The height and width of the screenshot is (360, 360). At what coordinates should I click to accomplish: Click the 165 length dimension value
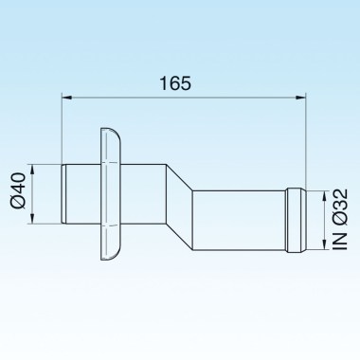tap(176, 82)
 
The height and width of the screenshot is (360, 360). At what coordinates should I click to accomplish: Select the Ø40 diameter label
tap(20, 194)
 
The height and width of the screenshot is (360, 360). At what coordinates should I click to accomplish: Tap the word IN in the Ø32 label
tap(338, 243)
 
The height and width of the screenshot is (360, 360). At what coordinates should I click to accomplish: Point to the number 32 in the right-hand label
tap(338, 201)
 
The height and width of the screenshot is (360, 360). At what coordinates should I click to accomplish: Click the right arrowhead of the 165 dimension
tap(302, 96)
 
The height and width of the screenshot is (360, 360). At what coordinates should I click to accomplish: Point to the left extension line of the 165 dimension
tap(63, 128)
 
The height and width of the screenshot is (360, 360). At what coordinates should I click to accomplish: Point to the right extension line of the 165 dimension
tap(308, 142)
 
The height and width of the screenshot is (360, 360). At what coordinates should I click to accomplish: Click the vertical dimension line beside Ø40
tap(34, 194)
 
